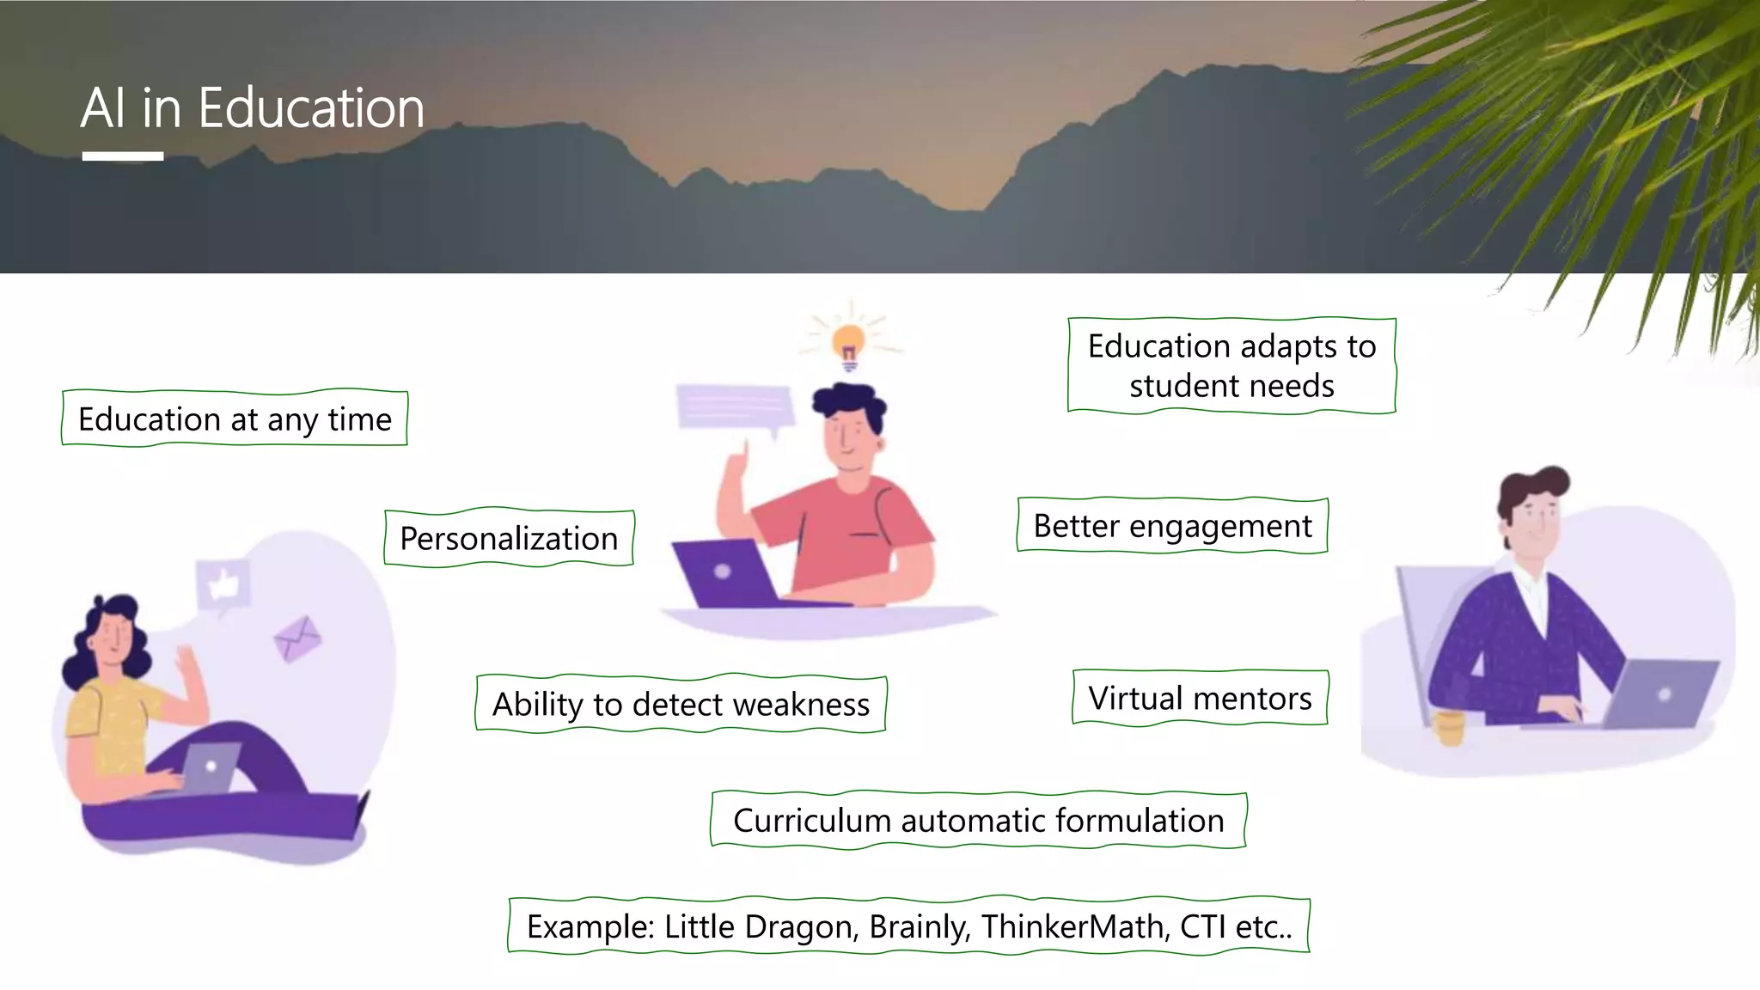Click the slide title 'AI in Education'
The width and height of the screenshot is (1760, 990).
click(253, 108)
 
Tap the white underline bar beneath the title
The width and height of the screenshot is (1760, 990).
click(123, 156)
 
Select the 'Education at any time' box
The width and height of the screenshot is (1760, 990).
click(235, 419)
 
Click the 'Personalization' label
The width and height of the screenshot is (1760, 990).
click(509, 538)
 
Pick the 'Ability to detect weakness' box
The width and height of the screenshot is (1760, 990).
click(681, 704)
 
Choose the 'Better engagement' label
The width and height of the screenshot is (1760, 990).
click(1172, 525)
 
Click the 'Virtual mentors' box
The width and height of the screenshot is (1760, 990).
click(1200, 698)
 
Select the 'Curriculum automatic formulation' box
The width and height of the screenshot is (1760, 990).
click(978, 820)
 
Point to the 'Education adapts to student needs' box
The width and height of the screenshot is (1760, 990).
click(1231, 366)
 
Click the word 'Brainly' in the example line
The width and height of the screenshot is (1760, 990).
click(920, 926)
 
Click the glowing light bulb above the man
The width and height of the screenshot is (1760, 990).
click(849, 344)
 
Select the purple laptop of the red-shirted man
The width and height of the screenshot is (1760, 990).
click(724, 573)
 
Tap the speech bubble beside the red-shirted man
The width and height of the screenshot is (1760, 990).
click(734, 407)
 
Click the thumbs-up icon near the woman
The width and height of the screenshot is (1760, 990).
click(223, 585)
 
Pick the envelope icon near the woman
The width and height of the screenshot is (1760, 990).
click(297, 639)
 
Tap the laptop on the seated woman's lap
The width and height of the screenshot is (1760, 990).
click(211, 767)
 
